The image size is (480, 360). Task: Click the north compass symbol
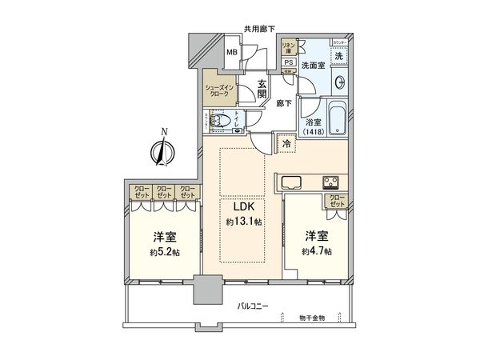click(x=163, y=150)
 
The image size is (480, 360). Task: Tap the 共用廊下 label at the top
click(x=259, y=30)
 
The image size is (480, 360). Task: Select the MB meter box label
click(x=232, y=54)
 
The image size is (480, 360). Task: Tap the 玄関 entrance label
click(x=261, y=83)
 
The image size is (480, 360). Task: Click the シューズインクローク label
click(x=221, y=90)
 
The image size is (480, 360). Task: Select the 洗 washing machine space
click(x=338, y=57)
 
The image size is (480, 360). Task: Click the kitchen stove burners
click(x=331, y=179)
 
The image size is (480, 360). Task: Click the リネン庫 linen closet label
click(x=288, y=46)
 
